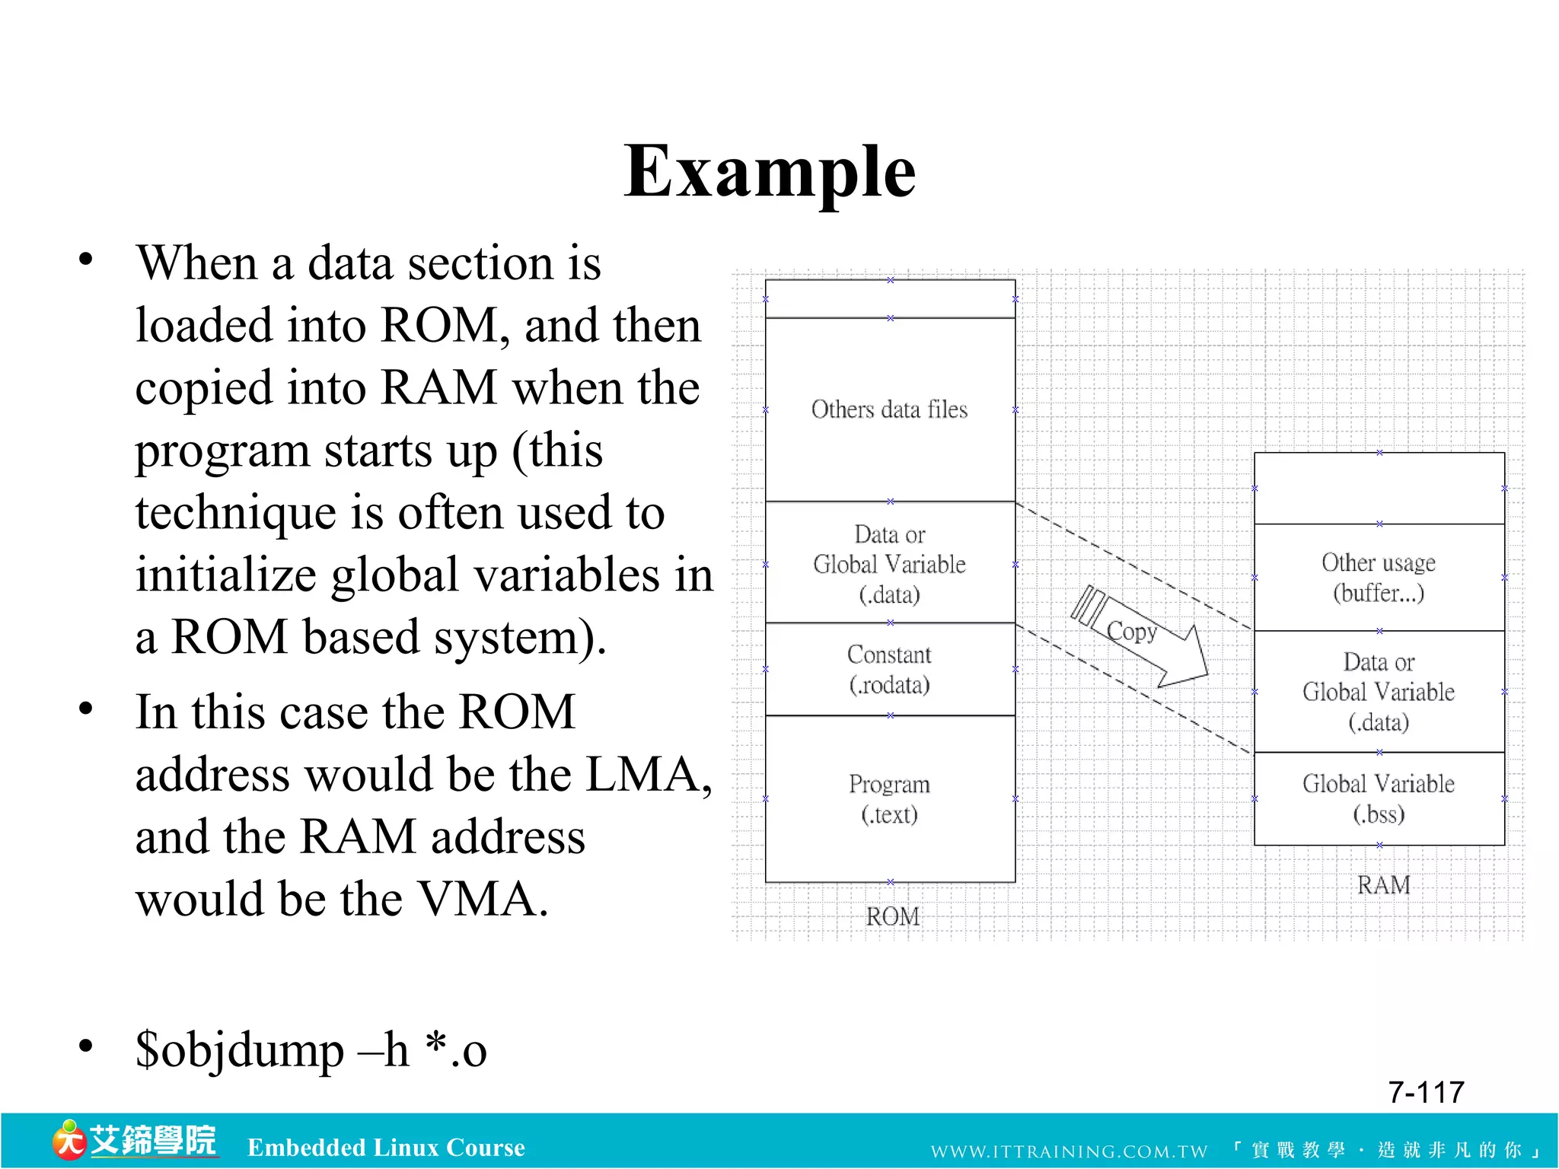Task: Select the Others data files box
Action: [x=889, y=409]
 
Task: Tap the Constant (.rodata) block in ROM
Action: [x=889, y=669]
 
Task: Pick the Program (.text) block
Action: [x=889, y=798]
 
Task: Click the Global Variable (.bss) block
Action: [x=1379, y=798]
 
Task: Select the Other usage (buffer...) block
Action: [x=1379, y=577]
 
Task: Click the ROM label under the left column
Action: [x=892, y=916]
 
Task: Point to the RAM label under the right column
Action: [x=1383, y=885]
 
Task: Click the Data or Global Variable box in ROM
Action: [x=889, y=564]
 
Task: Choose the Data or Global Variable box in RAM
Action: [x=1379, y=691]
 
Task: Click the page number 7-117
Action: [x=1426, y=1092]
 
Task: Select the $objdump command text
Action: [x=311, y=1050]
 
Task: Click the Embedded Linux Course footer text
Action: [x=386, y=1147]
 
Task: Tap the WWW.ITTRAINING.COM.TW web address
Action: [x=1069, y=1151]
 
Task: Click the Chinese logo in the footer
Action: [x=135, y=1141]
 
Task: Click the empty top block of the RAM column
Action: [x=1379, y=489]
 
